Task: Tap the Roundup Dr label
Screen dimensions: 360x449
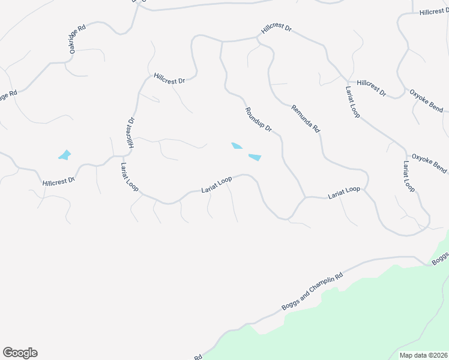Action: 259,120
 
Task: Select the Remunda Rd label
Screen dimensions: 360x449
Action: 306,119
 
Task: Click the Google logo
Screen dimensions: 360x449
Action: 20,353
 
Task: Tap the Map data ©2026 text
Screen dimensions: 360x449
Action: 424,355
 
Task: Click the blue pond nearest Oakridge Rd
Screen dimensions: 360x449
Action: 64,155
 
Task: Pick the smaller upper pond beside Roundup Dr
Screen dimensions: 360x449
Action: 237,146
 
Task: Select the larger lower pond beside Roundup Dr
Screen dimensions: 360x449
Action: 255,157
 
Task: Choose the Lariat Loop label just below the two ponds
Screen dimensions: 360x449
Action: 217,185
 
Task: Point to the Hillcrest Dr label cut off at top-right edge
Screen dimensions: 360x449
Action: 433,11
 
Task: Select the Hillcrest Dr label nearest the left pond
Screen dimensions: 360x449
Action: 59,180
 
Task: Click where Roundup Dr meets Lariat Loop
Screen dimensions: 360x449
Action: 305,197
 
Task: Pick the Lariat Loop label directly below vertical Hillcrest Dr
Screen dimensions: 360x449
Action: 129,177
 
